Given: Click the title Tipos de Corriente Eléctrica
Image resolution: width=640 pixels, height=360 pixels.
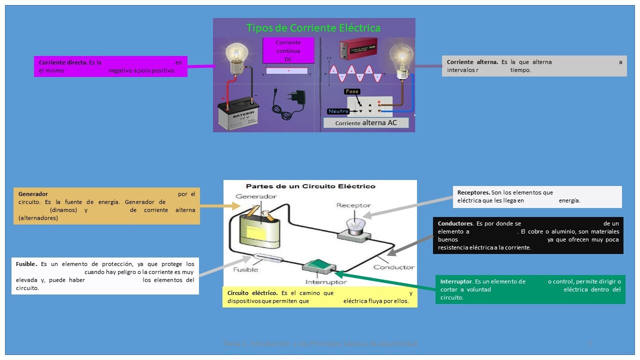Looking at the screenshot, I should pyautogui.click(x=313, y=28).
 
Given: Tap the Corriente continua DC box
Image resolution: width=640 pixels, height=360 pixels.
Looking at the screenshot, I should pyautogui.click(x=288, y=51).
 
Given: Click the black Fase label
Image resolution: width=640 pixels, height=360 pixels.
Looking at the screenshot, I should pyautogui.click(x=352, y=92).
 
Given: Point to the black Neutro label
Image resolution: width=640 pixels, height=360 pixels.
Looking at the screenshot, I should pyautogui.click(x=338, y=111).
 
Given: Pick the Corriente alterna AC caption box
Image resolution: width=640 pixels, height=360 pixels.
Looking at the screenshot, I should pyautogui.click(x=365, y=123).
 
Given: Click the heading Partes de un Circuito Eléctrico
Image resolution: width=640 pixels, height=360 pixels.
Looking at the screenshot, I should pyautogui.click(x=310, y=186).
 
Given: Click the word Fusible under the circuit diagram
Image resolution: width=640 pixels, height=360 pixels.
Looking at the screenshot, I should pyautogui.click(x=245, y=270).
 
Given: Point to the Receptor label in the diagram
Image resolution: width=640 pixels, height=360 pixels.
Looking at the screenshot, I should pyautogui.click(x=353, y=205).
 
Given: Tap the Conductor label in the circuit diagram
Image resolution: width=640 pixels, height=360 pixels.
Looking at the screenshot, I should pyautogui.click(x=394, y=267).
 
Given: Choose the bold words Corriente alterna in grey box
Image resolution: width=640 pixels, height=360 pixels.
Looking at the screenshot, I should pyautogui.click(x=472, y=62).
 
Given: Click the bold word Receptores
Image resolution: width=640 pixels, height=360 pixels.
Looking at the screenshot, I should pyautogui.click(x=473, y=192).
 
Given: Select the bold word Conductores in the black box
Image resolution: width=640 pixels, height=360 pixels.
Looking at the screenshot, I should pyautogui.click(x=455, y=223).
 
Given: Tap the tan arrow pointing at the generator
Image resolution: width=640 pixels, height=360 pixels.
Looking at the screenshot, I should pyautogui.click(x=220, y=205).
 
